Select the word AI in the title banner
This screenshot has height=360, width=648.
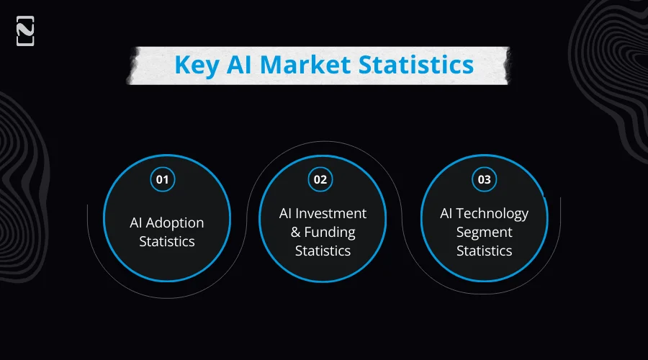click(x=242, y=64)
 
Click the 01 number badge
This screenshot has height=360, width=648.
click(x=162, y=179)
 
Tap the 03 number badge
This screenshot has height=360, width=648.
click(x=484, y=179)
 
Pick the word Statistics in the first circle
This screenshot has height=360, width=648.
click(x=167, y=241)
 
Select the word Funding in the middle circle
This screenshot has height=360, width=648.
click(x=330, y=233)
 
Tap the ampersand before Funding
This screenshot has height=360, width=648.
click(x=296, y=233)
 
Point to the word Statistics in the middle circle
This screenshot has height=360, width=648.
click(x=323, y=251)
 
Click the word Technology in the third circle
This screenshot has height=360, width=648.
click(x=493, y=214)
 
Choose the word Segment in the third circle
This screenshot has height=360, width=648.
click(x=484, y=233)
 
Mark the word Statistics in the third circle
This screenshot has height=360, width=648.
click(x=484, y=251)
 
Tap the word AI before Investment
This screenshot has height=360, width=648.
click(x=287, y=214)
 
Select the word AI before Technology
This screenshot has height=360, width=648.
click(x=447, y=214)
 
